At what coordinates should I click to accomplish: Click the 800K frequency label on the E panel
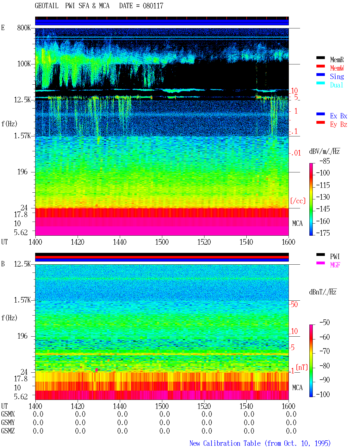(x=24, y=28)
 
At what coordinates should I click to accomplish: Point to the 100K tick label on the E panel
(x=24, y=64)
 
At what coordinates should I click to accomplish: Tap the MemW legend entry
(x=337, y=68)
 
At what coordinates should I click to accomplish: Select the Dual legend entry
(x=336, y=85)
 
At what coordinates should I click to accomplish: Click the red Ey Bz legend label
(x=338, y=125)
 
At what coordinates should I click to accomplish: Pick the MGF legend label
(x=335, y=265)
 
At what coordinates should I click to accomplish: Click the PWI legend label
(x=335, y=256)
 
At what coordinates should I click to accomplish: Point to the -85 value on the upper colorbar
(x=325, y=161)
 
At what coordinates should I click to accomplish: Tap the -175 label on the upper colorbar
(x=323, y=233)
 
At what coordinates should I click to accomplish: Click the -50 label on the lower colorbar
(x=325, y=323)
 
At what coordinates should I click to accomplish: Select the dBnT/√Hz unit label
(x=323, y=292)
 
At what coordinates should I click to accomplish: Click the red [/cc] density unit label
(x=298, y=201)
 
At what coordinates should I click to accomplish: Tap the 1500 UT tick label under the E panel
(x=162, y=242)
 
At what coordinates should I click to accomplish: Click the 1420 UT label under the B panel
(x=77, y=406)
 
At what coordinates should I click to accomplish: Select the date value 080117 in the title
(x=153, y=6)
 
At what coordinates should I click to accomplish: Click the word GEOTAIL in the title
(x=47, y=6)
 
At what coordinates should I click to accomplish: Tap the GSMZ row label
(x=8, y=431)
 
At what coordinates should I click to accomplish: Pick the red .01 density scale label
(x=296, y=153)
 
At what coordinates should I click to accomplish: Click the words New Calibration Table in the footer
(x=225, y=443)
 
